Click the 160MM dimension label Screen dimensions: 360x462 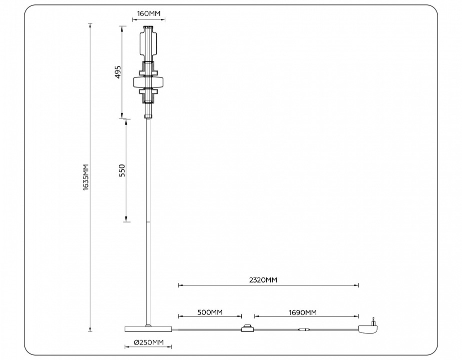click(x=148, y=14)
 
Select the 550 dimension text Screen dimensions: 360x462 click(x=122, y=170)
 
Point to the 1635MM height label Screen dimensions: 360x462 click(x=85, y=177)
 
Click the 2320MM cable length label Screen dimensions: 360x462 click(x=263, y=280)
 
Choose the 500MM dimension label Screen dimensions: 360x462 click(x=210, y=312)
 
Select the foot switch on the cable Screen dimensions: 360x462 click(x=247, y=328)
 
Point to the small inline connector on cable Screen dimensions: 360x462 click(x=304, y=329)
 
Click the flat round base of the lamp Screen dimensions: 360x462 click(x=148, y=328)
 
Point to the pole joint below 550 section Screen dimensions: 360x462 click(x=148, y=221)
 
